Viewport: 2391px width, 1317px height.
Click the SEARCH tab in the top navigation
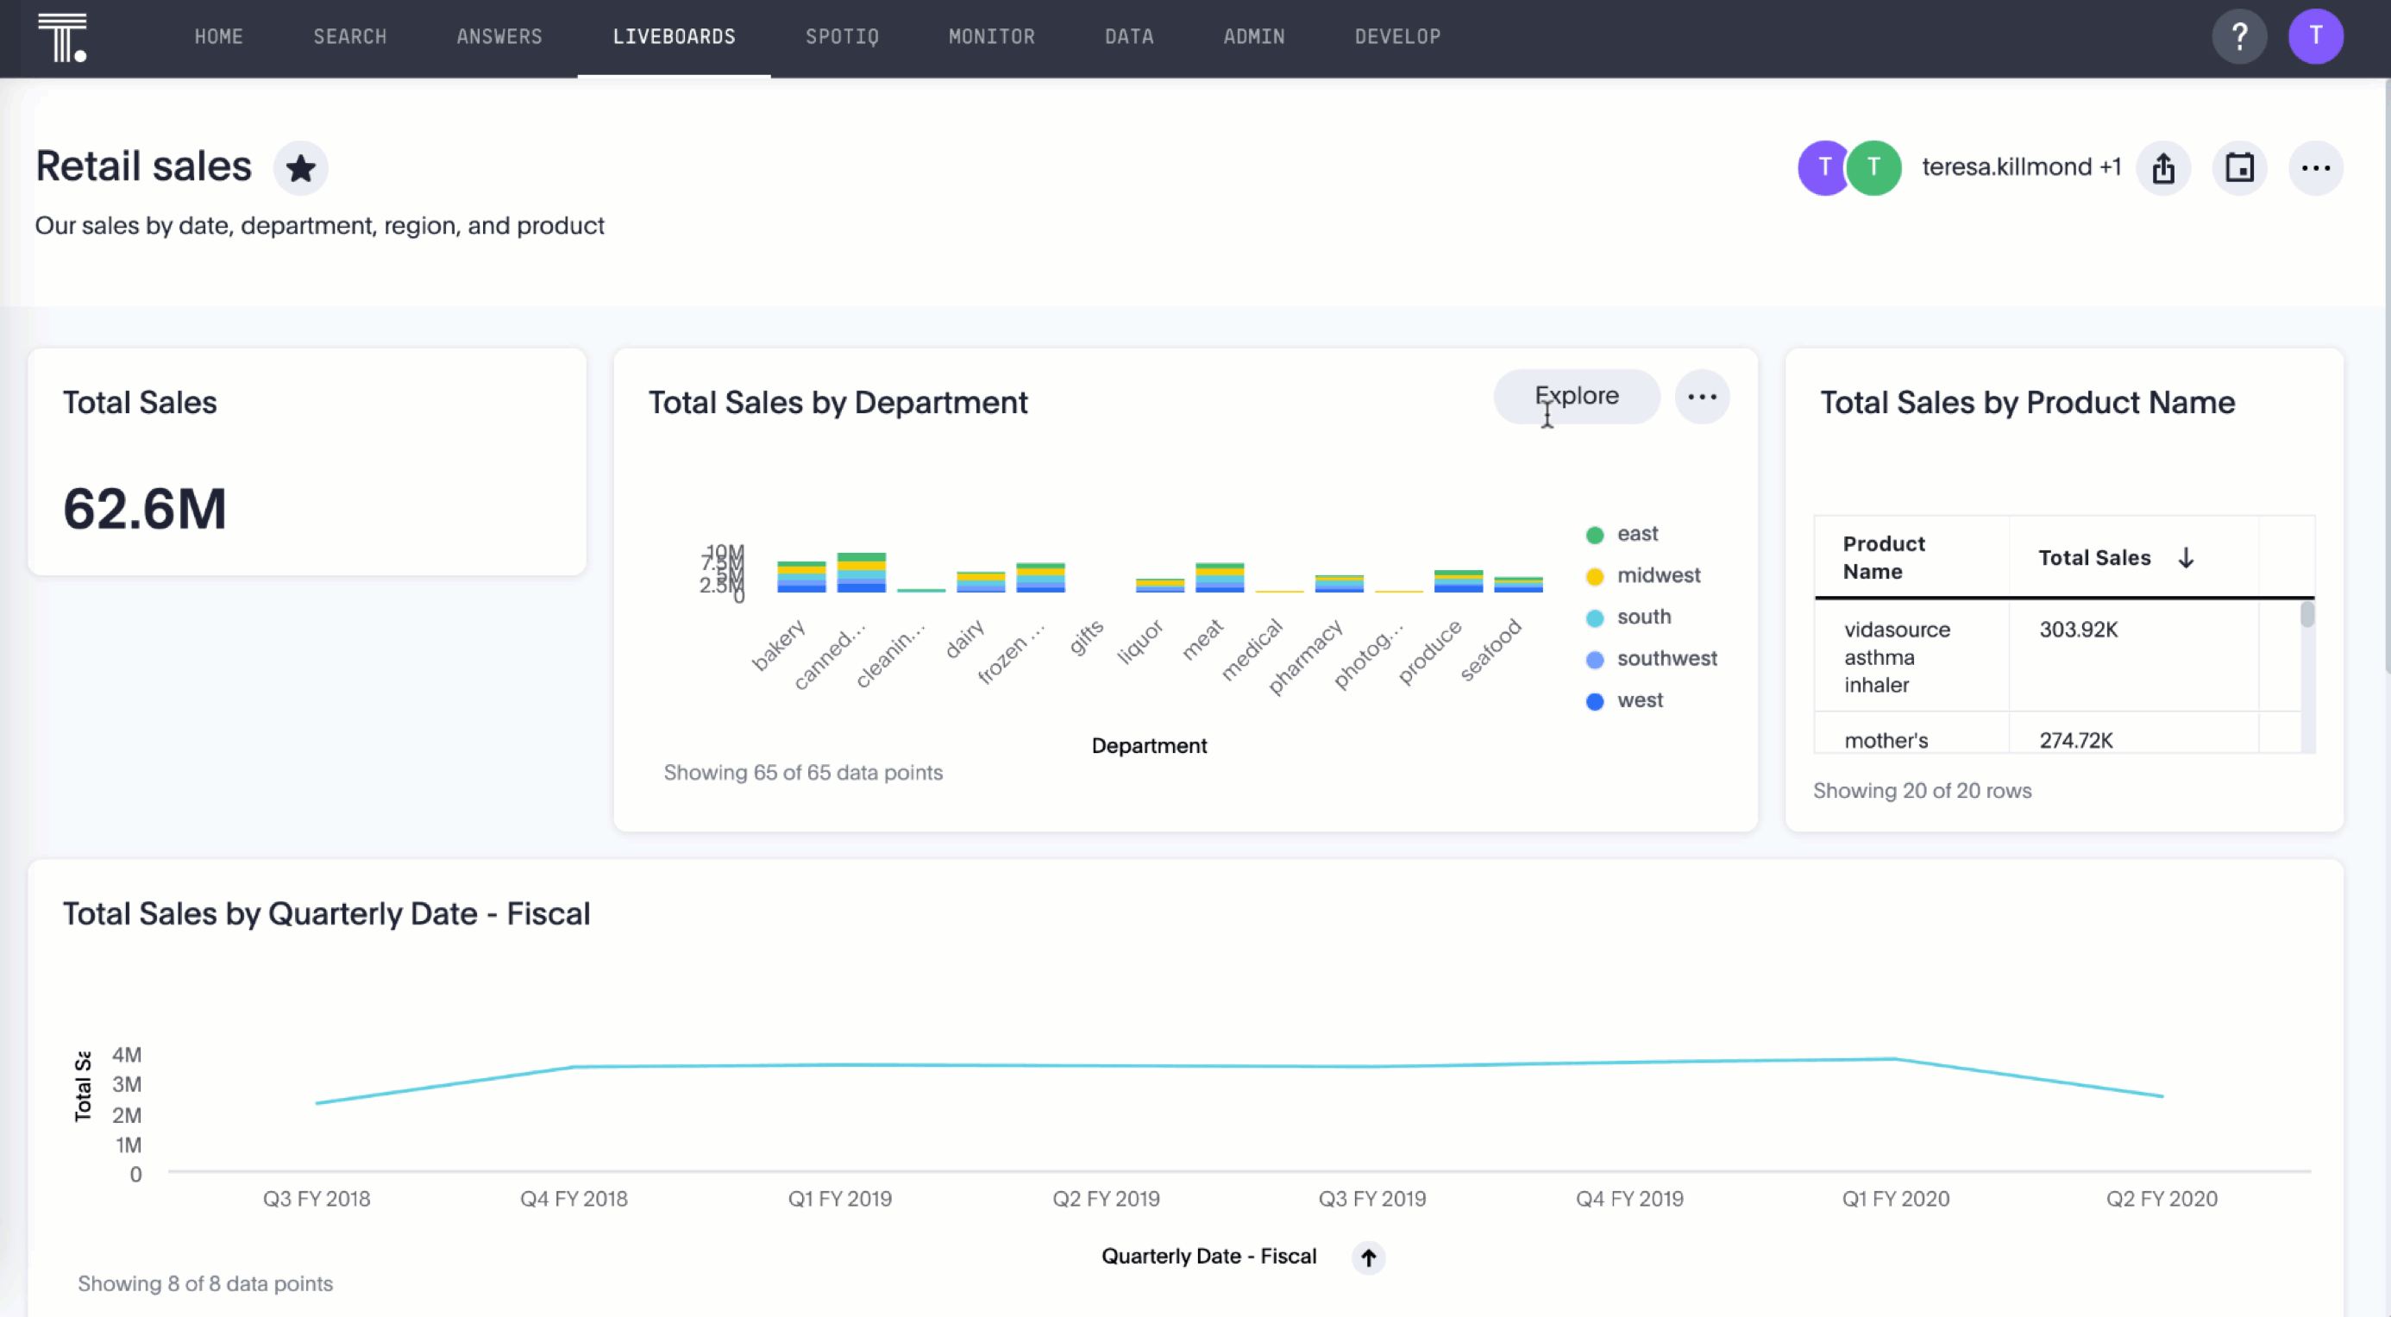point(349,37)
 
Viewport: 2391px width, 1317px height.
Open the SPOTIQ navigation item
point(841,37)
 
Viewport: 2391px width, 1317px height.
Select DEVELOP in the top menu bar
point(1397,37)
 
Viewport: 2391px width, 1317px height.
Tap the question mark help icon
point(2239,37)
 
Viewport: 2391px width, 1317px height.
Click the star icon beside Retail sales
point(300,168)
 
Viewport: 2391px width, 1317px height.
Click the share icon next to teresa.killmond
point(2162,168)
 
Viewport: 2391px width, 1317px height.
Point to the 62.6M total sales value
point(145,509)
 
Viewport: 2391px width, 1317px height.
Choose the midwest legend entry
point(1658,575)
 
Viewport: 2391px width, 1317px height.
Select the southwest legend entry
point(1666,659)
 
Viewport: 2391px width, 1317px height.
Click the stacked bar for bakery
point(801,577)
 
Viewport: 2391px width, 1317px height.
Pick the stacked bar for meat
point(1219,577)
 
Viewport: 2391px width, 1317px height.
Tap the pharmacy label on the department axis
point(1307,656)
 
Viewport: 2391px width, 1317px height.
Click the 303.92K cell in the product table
point(2078,630)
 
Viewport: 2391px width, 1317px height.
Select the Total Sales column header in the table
point(2094,558)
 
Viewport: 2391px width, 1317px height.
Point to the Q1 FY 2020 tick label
point(1894,1198)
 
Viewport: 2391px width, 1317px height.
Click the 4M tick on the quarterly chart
point(127,1054)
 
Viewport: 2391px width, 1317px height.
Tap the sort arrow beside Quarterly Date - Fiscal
point(1368,1257)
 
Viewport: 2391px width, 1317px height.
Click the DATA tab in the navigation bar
point(1129,37)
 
